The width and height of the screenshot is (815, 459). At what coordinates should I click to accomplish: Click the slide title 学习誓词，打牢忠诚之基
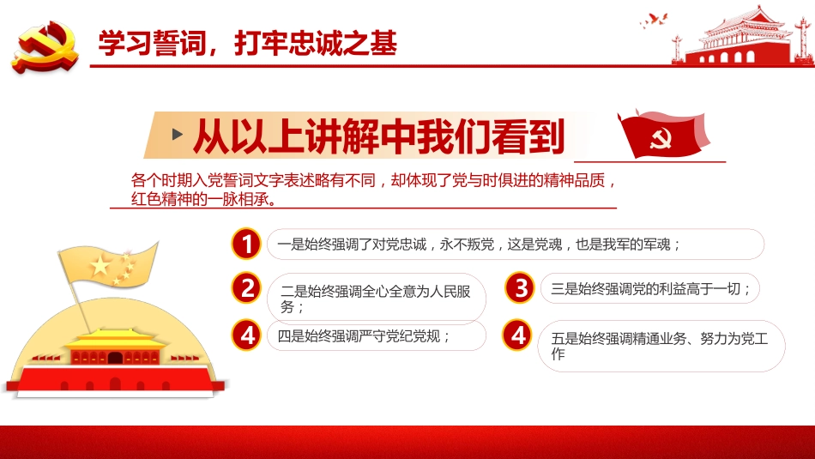[247, 44]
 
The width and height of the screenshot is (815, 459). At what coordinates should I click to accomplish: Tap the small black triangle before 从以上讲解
[178, 135]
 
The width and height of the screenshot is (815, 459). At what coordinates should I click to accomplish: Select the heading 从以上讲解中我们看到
[378, 136]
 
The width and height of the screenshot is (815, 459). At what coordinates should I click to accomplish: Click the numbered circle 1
[247, 245]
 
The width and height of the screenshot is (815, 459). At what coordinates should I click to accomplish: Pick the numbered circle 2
[247, 288]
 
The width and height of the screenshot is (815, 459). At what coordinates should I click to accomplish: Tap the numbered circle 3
[520, 288]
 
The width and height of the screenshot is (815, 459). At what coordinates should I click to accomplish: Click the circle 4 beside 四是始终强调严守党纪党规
[247, 335]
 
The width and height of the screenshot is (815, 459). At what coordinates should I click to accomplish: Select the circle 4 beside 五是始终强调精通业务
[518, 335]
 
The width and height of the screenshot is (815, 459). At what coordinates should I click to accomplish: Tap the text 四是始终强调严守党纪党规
[365, 335]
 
